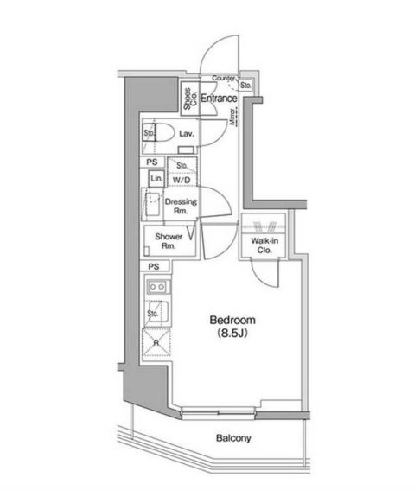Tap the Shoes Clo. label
pos(188,99)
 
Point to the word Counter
pos(223,79)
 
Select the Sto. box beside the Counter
pos(245,85)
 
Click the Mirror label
pos(233,118)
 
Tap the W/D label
pos(182,180)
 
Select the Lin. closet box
pos(156,178)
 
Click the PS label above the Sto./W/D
pos(151,162)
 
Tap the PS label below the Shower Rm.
pos(153,266)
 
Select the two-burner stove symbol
pos(157,286)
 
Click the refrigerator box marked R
pos(157,341)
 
